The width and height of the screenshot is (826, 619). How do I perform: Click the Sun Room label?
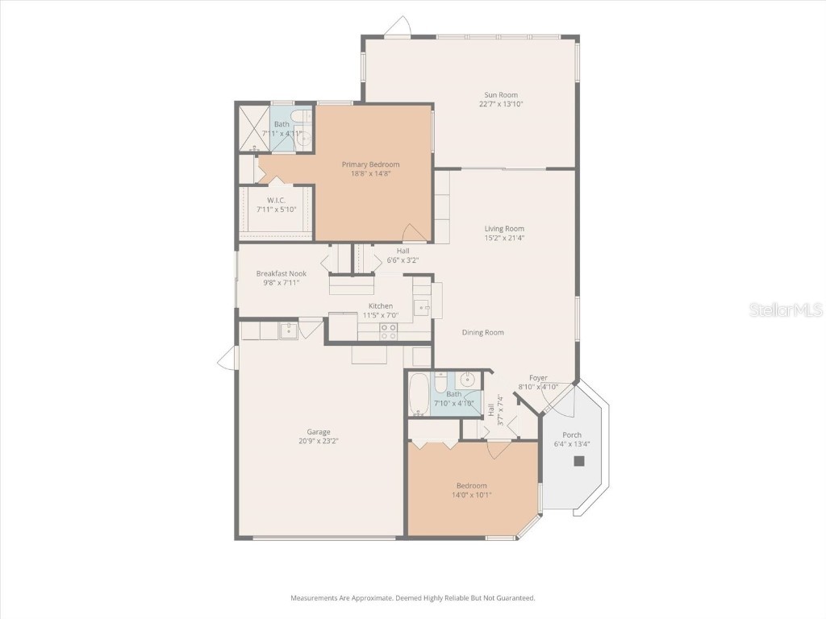pos(495,95)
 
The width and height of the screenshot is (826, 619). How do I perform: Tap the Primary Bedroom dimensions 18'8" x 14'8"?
pos(370,174)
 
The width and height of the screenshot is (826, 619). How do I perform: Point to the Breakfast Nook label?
pos(281,273)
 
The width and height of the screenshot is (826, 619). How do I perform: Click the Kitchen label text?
pos(381,305)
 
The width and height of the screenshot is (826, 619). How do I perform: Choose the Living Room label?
pos(504,229)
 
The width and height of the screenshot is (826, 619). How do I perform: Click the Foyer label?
pos(538,377)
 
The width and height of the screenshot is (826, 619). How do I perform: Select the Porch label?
pos(572,435)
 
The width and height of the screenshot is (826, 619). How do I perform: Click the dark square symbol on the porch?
pos(578,461)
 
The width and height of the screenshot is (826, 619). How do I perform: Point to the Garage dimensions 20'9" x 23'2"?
pos(319,441)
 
